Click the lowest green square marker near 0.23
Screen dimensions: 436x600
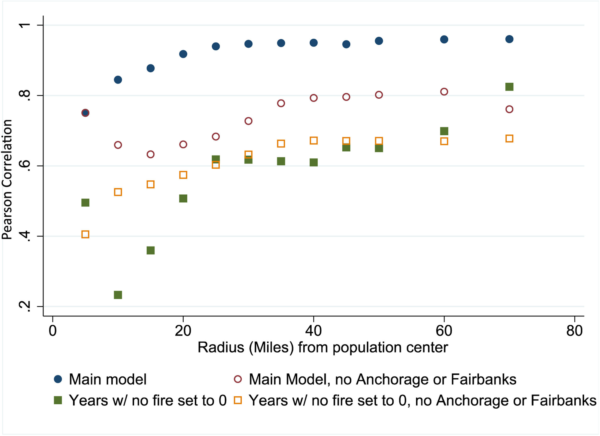click(x=118, y=295)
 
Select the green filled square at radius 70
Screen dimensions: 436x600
click(x=509, y=87)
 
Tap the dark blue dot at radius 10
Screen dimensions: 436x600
click(x=118, y=80)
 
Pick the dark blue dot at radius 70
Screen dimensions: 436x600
click(x=509, y=39)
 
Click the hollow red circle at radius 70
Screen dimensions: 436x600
click(x=509, y=109)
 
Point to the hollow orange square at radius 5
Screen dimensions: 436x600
click(x=85, y=234)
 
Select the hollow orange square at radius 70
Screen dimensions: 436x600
click(x=509, y=139)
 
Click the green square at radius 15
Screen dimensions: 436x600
click(x=150, y=251)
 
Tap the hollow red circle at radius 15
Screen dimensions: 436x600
click(x=150, y=154)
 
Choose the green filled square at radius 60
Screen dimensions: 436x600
click(x=444, y=131)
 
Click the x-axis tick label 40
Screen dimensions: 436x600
click(x=313, y=331)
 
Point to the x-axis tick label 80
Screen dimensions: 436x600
click(x=574, y=331)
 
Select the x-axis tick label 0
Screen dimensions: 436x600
click(x=53, y=331)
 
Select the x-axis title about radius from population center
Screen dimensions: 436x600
click(x=323, y=348)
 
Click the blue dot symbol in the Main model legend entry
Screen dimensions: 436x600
click(x=58, y=379)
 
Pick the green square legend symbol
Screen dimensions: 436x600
click(x=58, y=400)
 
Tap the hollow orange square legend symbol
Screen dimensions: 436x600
click(x=238, y=400)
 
